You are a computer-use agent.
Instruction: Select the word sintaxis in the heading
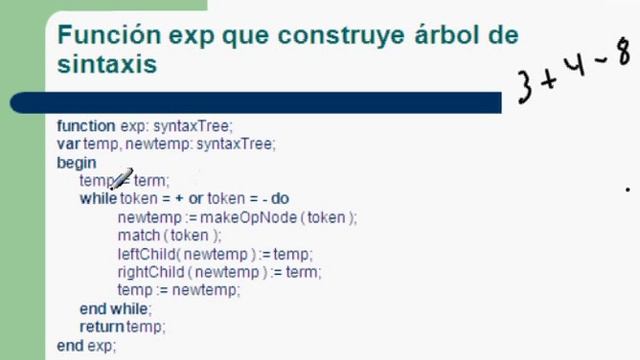coord(106,65)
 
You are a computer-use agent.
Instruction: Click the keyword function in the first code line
coord(86,126)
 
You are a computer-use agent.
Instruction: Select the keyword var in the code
coord(69,144)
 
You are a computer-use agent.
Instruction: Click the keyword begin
coord(77,162)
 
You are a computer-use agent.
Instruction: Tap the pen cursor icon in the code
coord(121,180)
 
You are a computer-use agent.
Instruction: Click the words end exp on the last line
coord(86,345)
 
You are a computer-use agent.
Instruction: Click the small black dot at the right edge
coord(628,187)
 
